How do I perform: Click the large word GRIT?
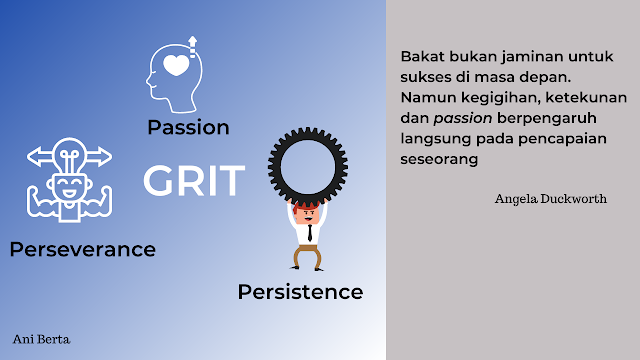click(193, 181)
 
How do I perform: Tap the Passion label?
click(188, 128)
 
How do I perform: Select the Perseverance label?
click(82, 249)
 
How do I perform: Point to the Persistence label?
click(300, 292)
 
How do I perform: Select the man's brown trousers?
click(307, 254)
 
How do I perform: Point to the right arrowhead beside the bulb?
click(106, 156)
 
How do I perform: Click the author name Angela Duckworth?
click(550, 199)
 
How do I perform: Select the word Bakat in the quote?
click(420, 56)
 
